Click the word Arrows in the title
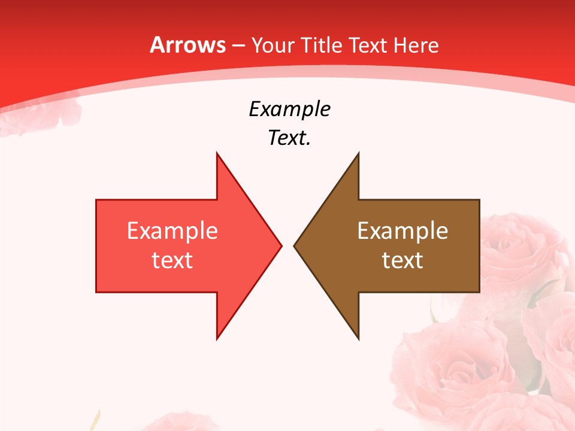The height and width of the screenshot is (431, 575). coord(187,45)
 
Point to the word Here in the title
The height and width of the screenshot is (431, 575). coord(416,45)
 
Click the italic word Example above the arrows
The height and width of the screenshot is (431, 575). coord(289,109)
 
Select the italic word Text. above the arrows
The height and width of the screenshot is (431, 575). coord(289,138)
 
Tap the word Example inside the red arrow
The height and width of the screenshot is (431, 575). coord(172,231)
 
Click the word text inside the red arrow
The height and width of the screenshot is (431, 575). coord(172,260)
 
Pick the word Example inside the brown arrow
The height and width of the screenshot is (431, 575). coord(402,231)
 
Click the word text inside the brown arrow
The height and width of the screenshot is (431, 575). coord(402,260)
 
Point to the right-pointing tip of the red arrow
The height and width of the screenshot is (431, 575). coord(281,245)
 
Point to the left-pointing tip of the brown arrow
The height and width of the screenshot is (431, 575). coord(294,245)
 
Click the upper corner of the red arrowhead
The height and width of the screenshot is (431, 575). coord(217,153)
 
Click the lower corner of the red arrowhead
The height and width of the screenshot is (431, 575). coord(217,339)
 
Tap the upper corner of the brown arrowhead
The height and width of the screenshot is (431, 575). coord(358,153)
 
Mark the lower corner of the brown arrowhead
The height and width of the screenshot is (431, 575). coord(358,339)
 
